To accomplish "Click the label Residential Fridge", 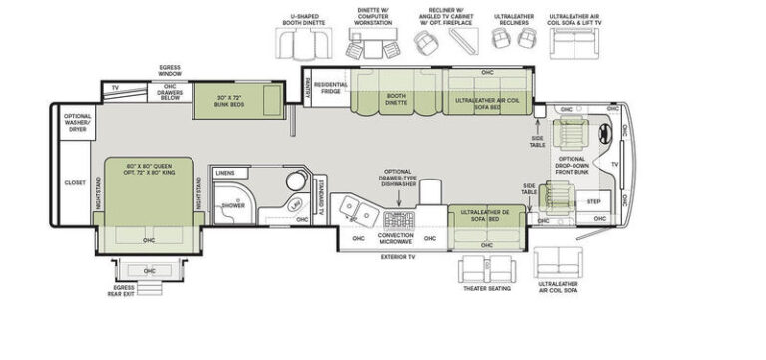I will click(x=330, y=89).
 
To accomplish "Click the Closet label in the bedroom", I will click(x=75, y=183).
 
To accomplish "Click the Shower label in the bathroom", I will click(x=232, y=205).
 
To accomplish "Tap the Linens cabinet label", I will click(x=225, y=174).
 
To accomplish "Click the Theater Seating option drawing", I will click(x=486, y=270).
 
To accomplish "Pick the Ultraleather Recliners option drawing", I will click(x=514, y=41).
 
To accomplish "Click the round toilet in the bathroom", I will click(x=296, y=181).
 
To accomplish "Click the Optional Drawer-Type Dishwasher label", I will click(x=397, y=179).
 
